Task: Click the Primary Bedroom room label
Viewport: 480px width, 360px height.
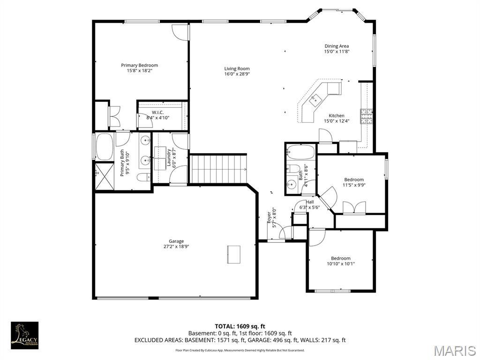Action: click(x=139, y=68)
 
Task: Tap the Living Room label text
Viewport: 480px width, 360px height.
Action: click(x=237, y=71)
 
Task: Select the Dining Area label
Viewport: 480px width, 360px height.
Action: click(x=337, y=49)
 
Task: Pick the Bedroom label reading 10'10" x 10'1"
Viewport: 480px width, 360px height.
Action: click(x=341, y=261)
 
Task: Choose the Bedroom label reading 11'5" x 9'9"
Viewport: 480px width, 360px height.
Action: click(x=354, y=182)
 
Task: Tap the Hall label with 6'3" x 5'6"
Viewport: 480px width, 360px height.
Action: click(x=310, y=205)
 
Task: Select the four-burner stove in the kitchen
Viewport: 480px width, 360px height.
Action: click(x=366, y=116)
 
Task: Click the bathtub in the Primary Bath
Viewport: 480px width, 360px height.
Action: click(x=104, y=147)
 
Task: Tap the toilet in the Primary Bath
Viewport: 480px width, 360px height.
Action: click(x=144, y=177)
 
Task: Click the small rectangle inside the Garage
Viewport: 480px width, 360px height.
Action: click(x=233, y=254)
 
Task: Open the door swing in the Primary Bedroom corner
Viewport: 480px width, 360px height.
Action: click(x=180, y=31)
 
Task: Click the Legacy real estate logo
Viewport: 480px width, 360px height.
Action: click(x=24, y=335)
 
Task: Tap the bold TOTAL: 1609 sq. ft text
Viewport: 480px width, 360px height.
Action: click(x=240, y=326)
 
